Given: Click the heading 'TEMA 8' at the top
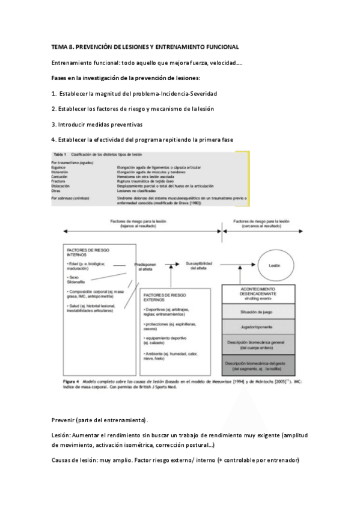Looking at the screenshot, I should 63,46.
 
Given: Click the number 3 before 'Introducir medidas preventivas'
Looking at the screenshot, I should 53,124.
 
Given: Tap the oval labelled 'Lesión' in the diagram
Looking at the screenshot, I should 275,265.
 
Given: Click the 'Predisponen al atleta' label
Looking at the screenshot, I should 147,266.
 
